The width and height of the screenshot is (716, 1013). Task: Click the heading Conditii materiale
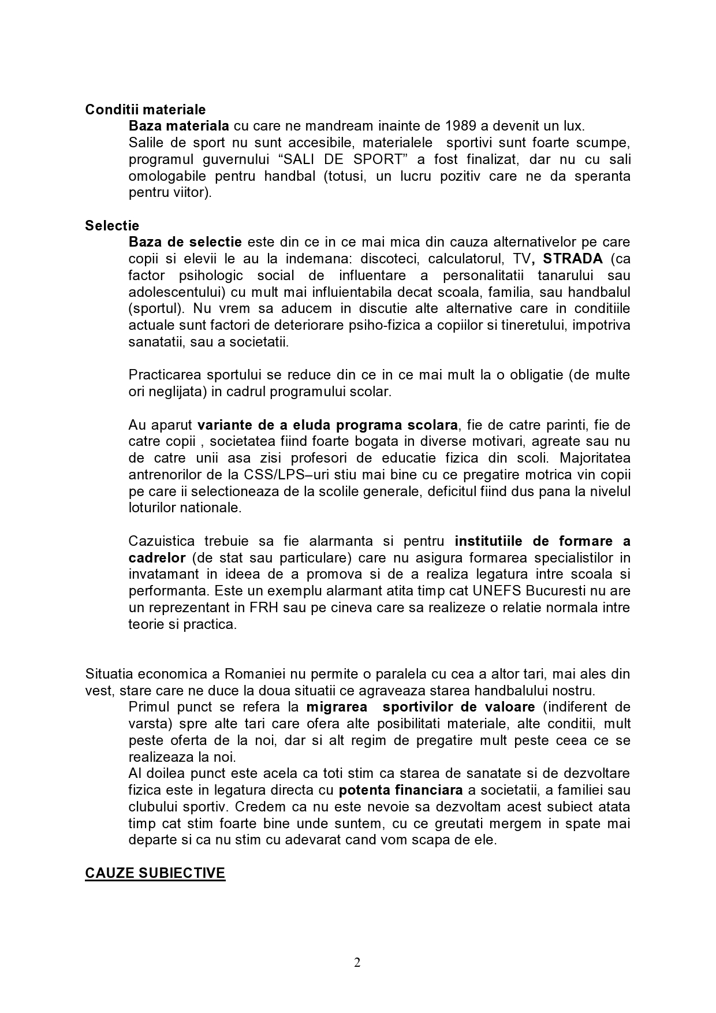(145, 109)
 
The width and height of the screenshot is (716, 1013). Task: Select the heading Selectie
(112, 225)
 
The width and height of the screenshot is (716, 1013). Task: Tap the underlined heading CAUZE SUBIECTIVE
(155, 873)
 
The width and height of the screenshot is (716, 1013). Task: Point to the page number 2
(357, 962)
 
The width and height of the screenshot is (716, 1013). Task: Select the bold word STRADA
(573, 258)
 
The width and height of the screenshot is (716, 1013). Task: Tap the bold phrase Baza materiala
(179, 126)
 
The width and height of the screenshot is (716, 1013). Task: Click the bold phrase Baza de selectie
(185, 241)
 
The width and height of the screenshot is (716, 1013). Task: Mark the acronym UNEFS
(494, 591)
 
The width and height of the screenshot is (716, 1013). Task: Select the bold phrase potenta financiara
(401, 789)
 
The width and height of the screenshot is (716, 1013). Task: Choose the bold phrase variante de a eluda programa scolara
(327, 425)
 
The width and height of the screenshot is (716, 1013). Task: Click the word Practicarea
(165, 375)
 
